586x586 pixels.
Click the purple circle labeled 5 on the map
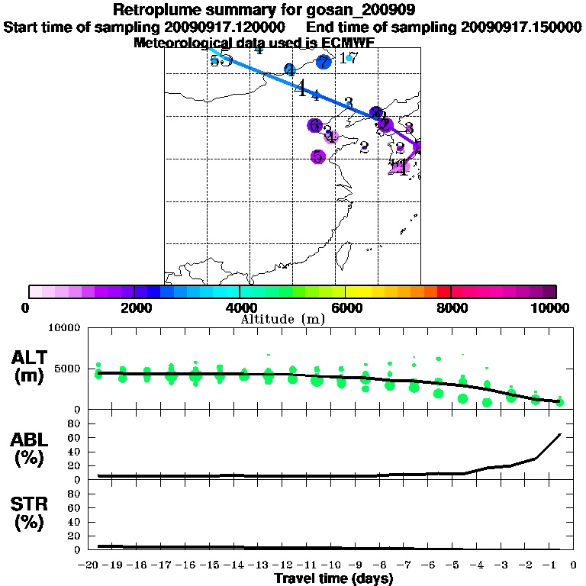318,156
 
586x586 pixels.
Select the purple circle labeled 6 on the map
314,125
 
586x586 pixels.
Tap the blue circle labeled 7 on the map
324,63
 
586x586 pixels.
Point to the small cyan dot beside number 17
349,58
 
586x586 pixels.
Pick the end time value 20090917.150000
521,27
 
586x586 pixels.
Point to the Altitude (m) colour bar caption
282,319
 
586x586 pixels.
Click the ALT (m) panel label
31,367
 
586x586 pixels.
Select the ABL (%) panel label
31,450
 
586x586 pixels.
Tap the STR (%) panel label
31,514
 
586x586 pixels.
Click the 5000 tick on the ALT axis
68,370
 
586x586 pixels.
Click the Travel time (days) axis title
333,578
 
